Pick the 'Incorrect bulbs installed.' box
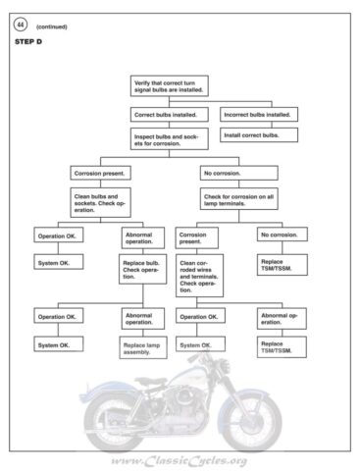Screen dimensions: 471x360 (259, 115)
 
